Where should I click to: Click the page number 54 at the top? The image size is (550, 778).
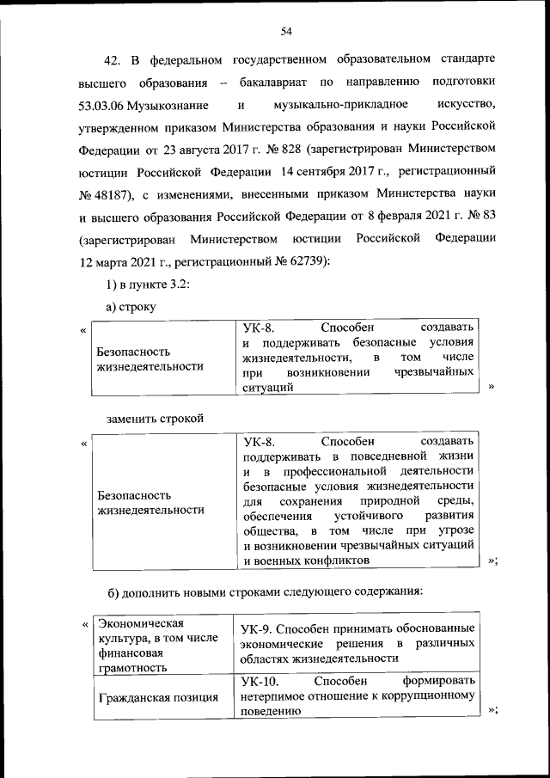pos(287,32)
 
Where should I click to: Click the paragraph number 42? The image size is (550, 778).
pos(113,60)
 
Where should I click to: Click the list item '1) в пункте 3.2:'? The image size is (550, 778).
pos(141,285)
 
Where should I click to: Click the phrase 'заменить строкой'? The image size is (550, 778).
pos(155,419)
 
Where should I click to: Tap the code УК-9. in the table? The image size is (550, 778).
pos(257,628)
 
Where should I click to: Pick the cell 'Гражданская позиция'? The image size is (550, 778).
pos(158,697)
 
